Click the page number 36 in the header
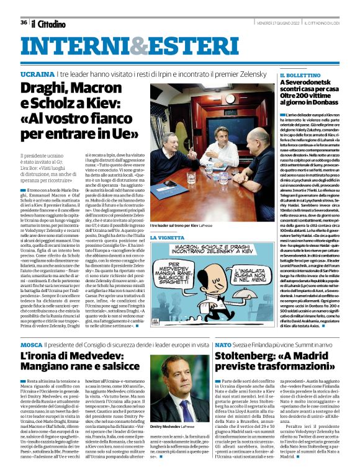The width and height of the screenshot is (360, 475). pos(24,22)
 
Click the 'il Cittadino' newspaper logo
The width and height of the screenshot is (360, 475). pos(48,24)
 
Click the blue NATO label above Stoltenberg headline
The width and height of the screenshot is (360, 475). pos(223,344)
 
